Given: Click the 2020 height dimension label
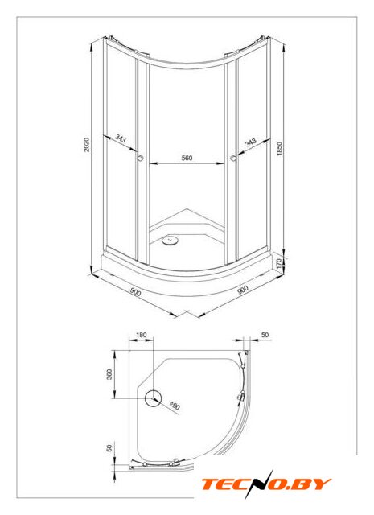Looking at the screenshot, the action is point(86,145).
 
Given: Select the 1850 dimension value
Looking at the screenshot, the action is point(279,148).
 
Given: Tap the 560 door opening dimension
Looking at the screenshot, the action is point(187,158).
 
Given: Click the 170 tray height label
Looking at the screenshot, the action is point(279,263).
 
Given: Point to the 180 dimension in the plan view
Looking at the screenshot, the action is point(141,335).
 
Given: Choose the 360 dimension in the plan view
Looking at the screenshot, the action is point(109,374).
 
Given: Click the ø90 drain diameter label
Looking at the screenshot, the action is point(175,406).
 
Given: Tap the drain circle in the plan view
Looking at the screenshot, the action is point(154,398).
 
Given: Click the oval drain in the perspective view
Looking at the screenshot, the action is point(171,241).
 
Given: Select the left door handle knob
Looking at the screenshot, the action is point(141,158).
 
